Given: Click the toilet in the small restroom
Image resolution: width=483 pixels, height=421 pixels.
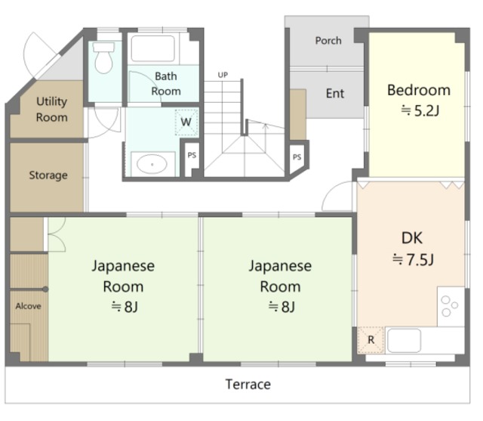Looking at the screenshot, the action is pyautogui.click(x=104, y=57).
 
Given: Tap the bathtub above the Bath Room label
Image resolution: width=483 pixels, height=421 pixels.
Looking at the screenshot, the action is pyautogui.click(x=153, y=48).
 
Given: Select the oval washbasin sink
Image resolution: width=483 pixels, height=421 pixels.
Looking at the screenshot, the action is pyautogui.click(x=152, y=164).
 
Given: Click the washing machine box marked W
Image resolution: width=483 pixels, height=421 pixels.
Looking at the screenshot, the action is pyautogui.click(x=186, y=122).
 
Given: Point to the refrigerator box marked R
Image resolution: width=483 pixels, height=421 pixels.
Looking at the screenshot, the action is pyautogui.click(x=371, y=340).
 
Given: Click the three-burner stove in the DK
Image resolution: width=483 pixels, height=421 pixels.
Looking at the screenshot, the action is pyautogui.click(x=451, y=306).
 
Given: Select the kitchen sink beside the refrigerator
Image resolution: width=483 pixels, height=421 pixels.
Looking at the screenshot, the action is pyautogui.click(x=404, y=340).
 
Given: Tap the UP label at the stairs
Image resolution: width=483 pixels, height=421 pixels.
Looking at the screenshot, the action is pyautogui.click(x=223, y=75).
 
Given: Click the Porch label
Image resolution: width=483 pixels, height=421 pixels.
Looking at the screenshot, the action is pyautogui.click(x=328, y=41).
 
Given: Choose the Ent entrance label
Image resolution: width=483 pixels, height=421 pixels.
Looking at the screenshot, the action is pyautogui.click(x=335, y=93).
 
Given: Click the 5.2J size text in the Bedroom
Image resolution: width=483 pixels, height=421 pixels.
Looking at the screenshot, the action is pyautogui.click(x=420, y=110).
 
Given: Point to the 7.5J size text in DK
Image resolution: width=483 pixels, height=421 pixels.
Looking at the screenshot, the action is pyautogui.click(x=413, y=260).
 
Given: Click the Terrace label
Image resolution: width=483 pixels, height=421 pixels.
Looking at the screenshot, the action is pyautogui.click(x=248, y=384).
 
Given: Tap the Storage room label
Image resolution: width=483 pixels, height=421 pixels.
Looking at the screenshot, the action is pyautogui.click(x=48, y=175).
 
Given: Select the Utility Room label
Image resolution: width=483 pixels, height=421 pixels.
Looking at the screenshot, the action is pyautogui.click(x=52, y=109).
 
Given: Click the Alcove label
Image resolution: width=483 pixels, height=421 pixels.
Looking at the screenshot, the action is pyautogui.click(x=29, y=306).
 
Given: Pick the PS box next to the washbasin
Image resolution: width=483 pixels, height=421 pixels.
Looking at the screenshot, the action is pyautogui.click(x=192, y=155).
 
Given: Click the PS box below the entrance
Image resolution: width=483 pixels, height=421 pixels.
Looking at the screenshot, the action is pyautogui.click(x=297, y=157).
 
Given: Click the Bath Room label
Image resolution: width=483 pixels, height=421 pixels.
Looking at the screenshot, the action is pyautogui.click(x=166, y=84).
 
